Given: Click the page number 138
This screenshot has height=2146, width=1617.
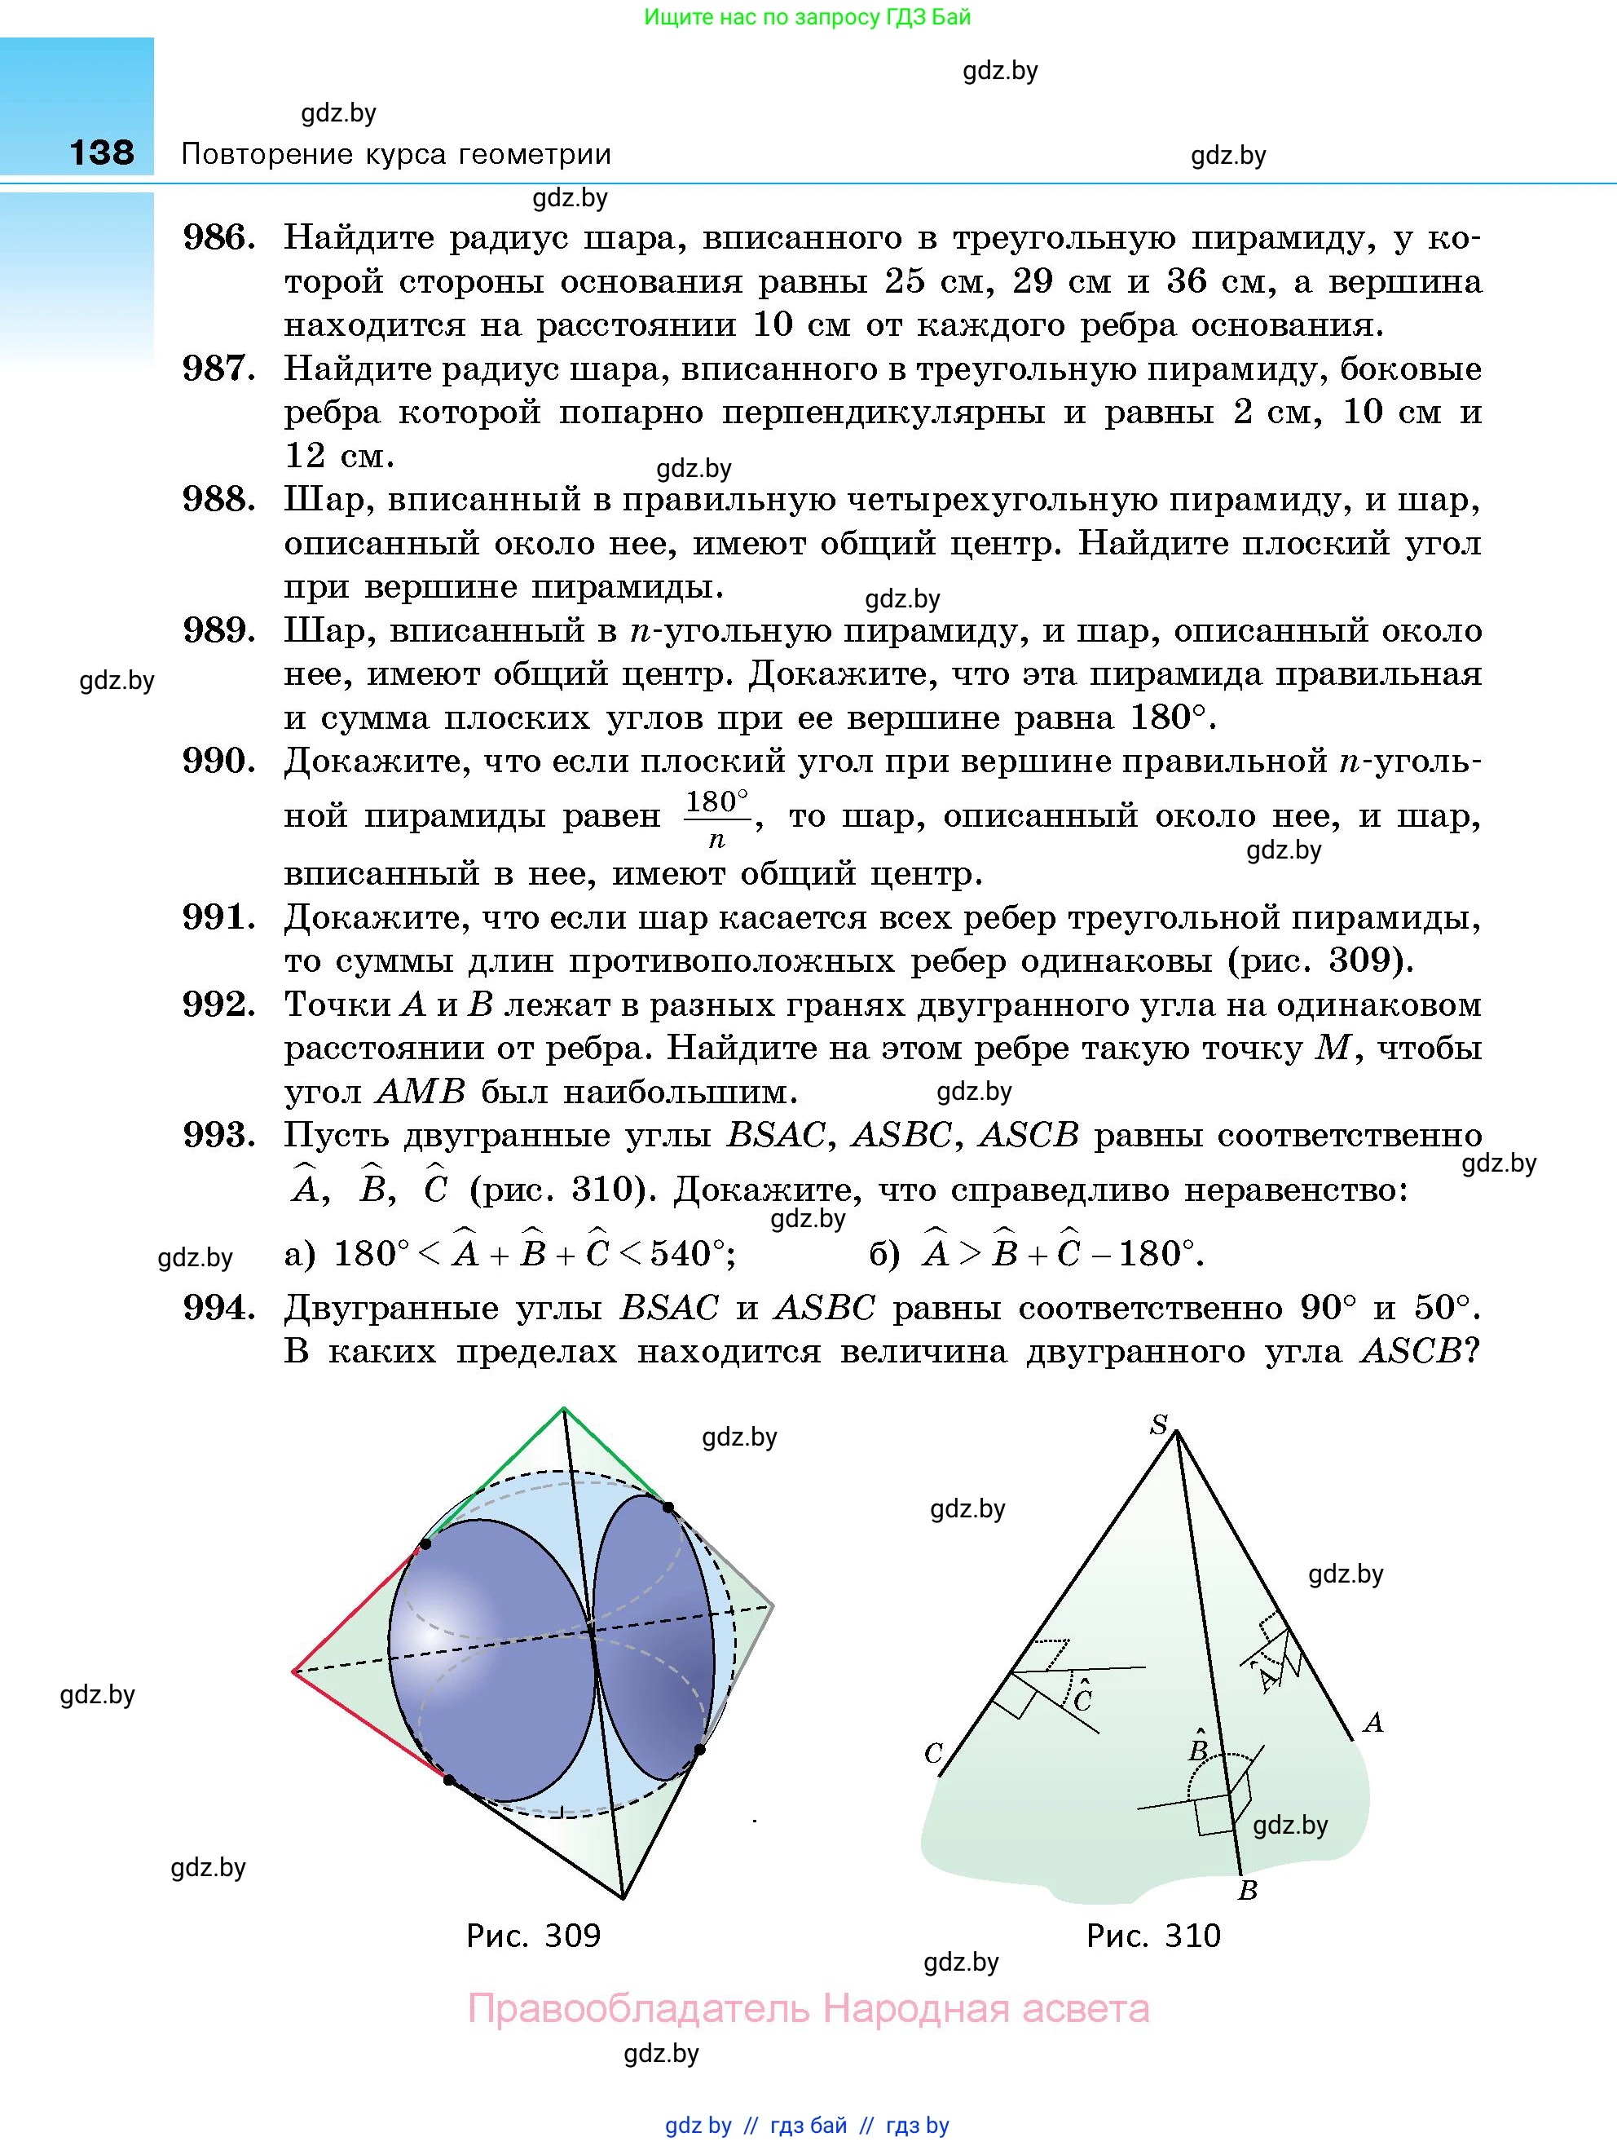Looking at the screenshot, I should click(x=102, y=152).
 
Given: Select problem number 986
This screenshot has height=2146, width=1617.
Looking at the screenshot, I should click(x=219, y=238).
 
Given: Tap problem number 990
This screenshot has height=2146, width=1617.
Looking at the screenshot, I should click(x=219, y=762).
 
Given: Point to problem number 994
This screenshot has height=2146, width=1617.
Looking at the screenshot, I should click(x=219, y=1308).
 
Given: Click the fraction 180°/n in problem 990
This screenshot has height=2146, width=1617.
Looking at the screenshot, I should click(x=717, y=818).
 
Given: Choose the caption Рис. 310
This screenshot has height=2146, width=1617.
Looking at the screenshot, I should click(x=1152, y=1936).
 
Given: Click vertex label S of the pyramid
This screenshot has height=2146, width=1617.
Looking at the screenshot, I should click(x=1159, y=1424).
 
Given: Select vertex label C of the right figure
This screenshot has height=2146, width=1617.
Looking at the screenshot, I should click(x=933, y=1753).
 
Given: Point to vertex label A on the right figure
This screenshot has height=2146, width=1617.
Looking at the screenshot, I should click(x=1372, y=1722).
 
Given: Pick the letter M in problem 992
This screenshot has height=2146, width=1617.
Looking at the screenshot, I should click(x=1331, y=1049).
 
